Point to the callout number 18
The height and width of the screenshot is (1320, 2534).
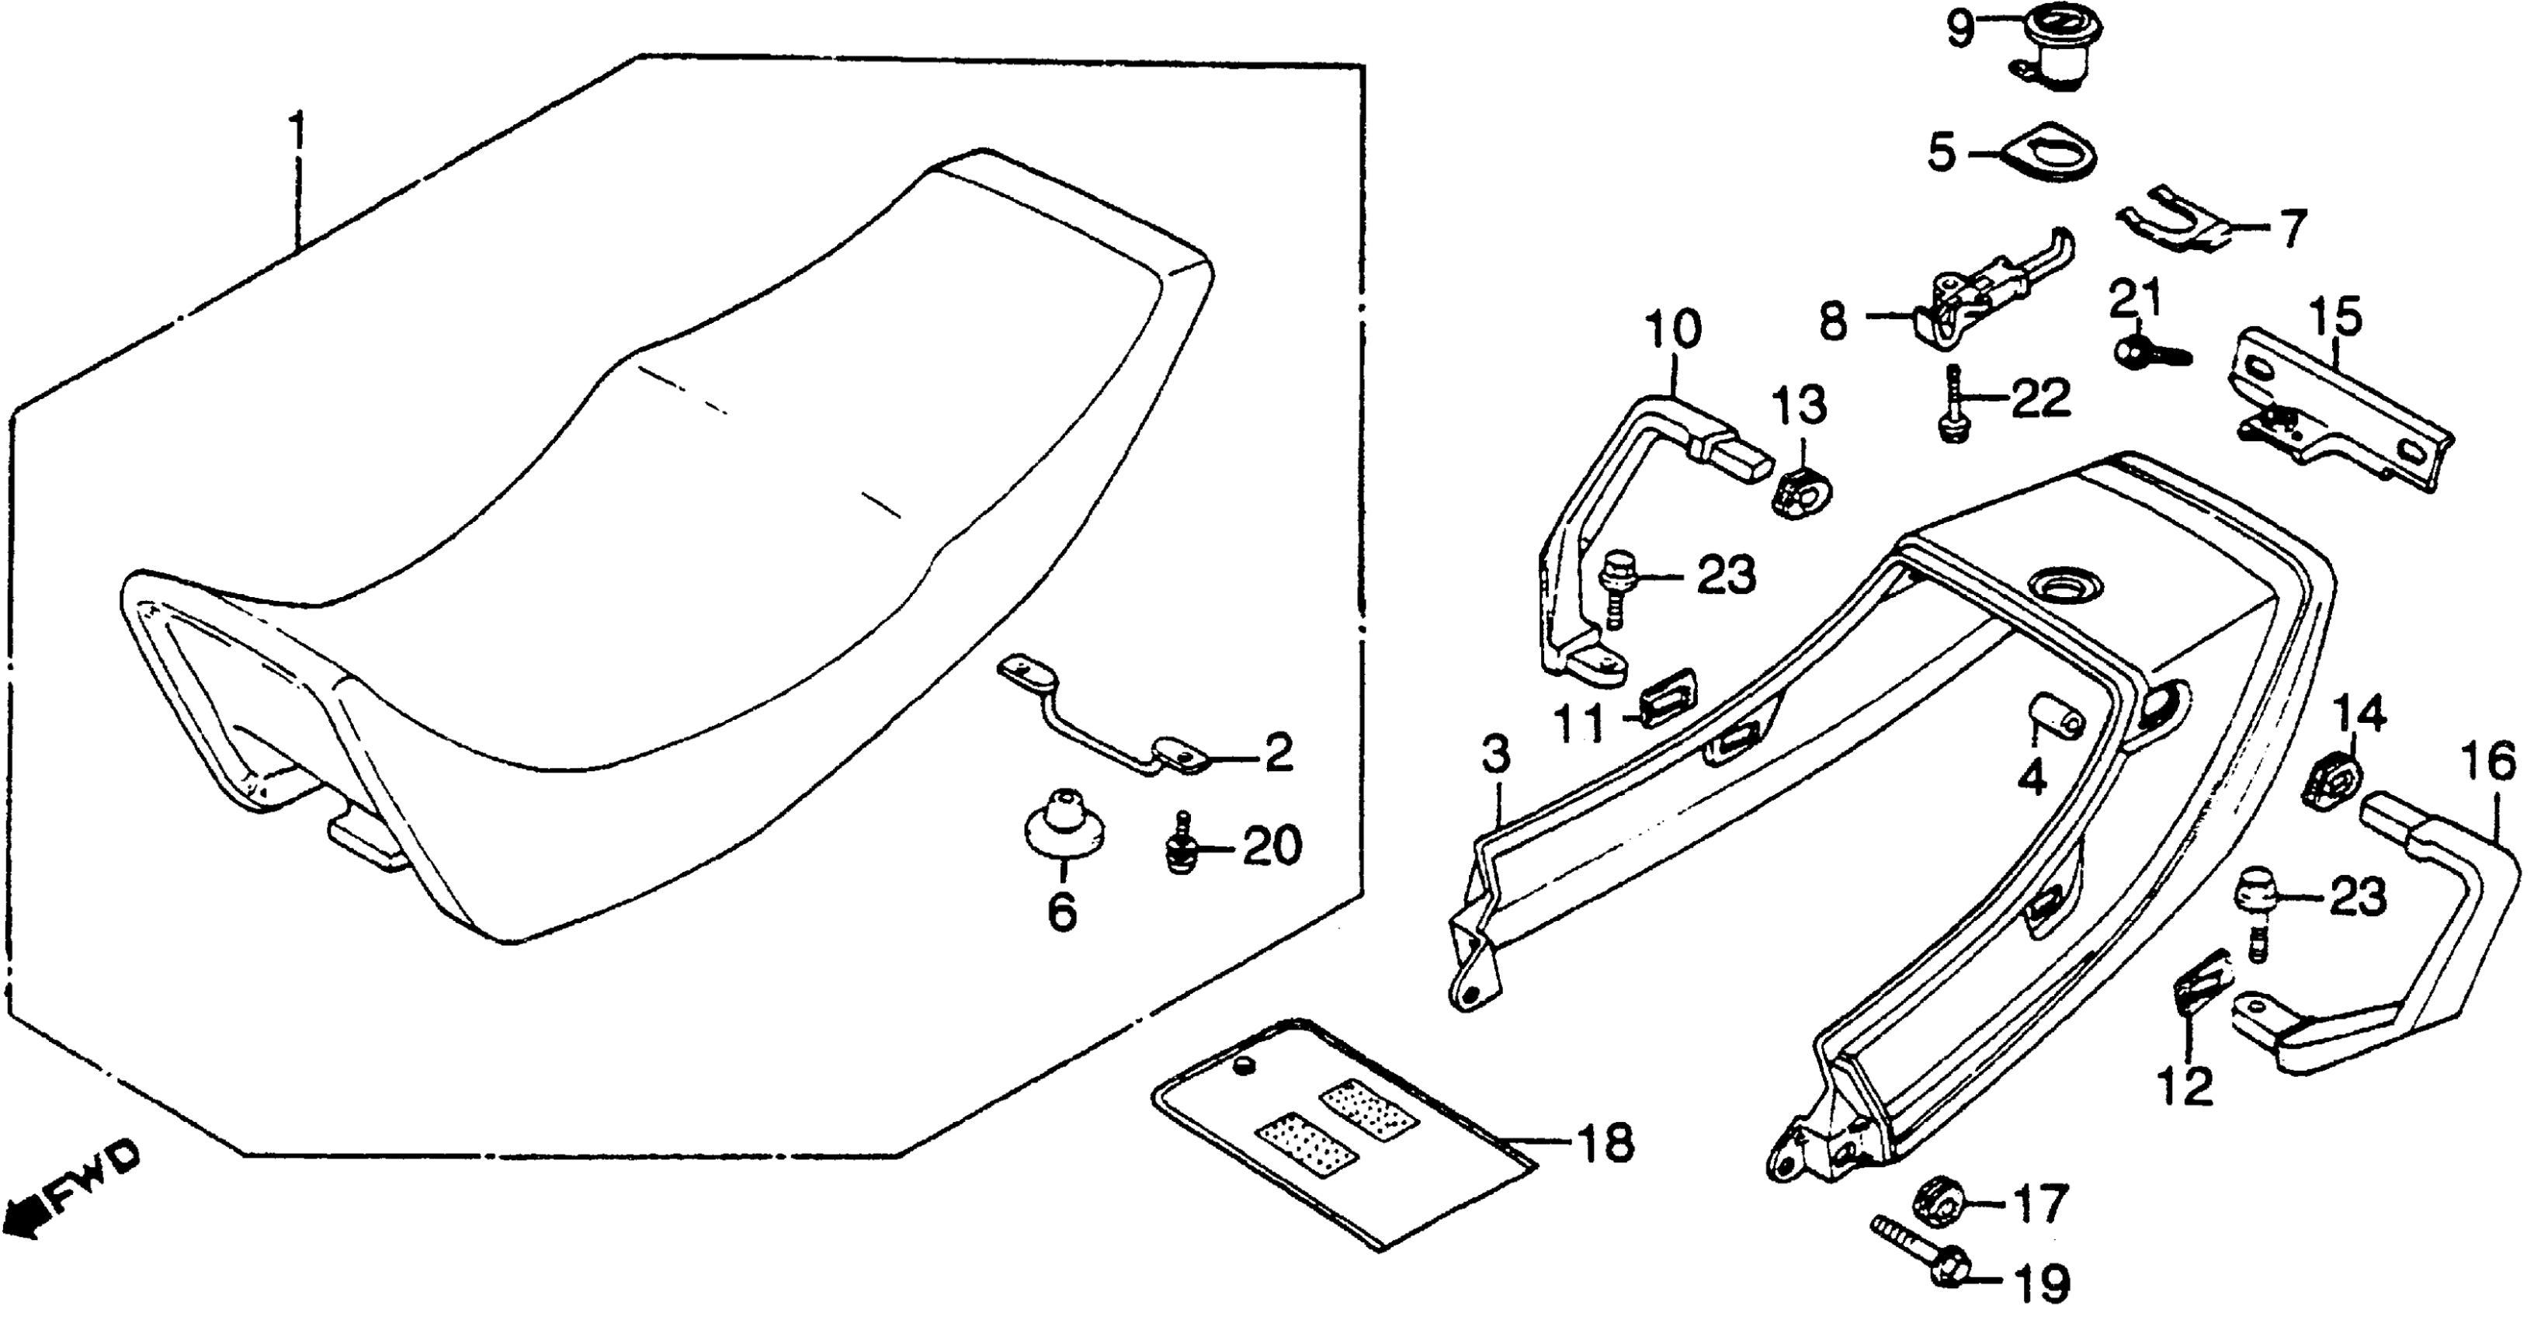click(x=1603, y=1144)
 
